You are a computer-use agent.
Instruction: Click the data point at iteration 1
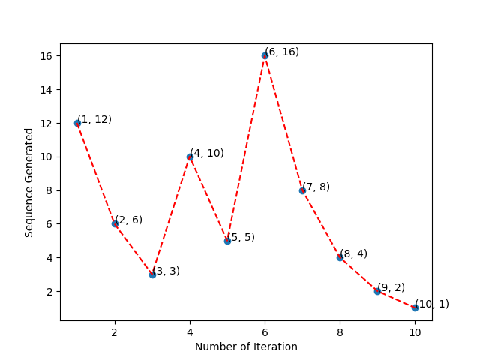click(77, 123)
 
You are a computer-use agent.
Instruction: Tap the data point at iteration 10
click(415, 307)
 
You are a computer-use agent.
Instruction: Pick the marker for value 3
click(152, 274)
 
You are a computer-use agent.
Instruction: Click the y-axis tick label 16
click(46, 56)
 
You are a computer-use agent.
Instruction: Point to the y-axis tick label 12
click(46, 123)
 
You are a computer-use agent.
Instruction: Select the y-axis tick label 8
click(49, 190)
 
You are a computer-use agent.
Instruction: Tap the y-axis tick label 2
click(49, 291)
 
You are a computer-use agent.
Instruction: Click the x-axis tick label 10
click(415, 331)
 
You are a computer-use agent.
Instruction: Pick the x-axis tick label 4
click(190, 331)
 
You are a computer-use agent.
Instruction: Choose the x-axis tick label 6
click(265, 331)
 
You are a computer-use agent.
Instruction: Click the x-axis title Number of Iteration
click(246, 346)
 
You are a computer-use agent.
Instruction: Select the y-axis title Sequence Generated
click(29, 182)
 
